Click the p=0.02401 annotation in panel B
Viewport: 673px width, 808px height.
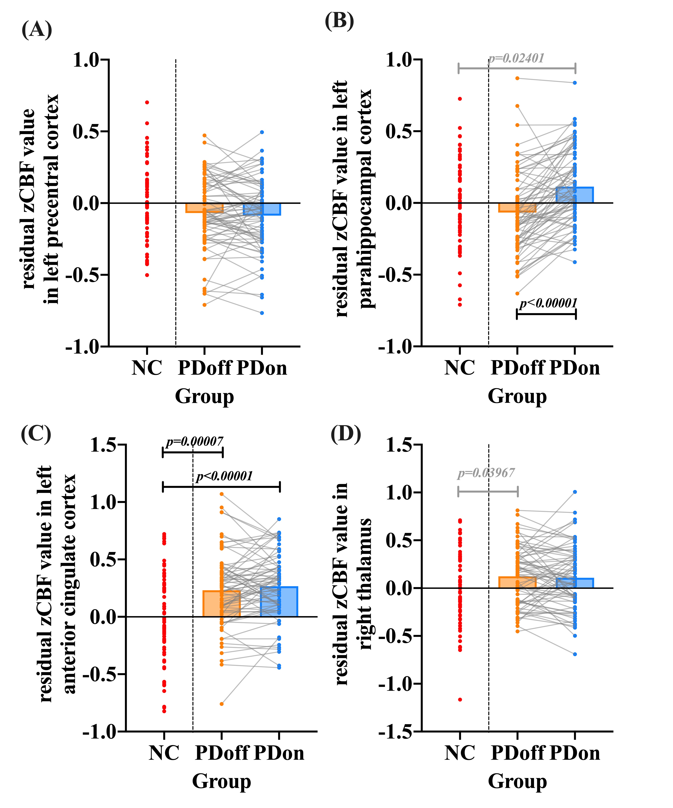pyautogui.click(x=516, y=58)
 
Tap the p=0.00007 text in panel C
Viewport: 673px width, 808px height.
pyautogui.click(x=195, y=441)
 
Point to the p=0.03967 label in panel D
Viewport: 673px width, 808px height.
pyautogui.click(x=486, y=473)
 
